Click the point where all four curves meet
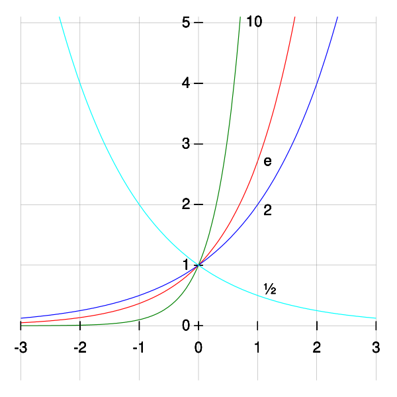tap(198, 265)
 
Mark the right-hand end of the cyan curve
tap(376, 318)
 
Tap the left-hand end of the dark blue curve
tap(21, 318)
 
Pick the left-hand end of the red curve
tap(21, 322)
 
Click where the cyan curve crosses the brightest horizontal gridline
tap(80, 83)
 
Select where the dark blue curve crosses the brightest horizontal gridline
tap(317, 83)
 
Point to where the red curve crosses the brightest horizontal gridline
tap(281, 83)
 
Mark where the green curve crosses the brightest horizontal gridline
tap(236, 83)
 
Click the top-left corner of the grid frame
tap(21, 22)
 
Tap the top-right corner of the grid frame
tap(376, 22)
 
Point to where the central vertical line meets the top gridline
tap(198, 22)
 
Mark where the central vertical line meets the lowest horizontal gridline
tap(198, 325)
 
